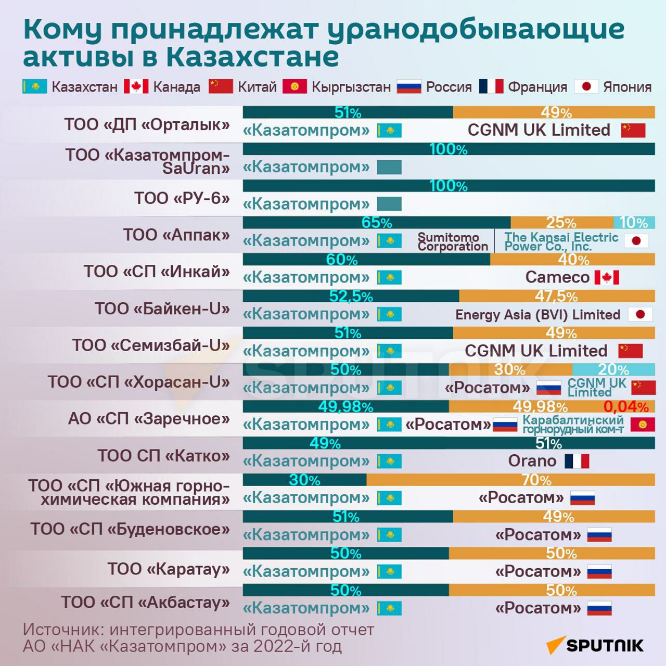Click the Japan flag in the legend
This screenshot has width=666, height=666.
click(x=586, y=86)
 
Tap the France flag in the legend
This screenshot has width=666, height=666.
click(x=491, y=86)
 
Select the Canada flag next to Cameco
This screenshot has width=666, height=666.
click(x=606, y=277)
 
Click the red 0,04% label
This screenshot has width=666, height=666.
click(x=626, y=406)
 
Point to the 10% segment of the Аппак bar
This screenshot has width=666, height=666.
click(x=634, y=223)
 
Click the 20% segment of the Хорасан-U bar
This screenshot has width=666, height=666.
click(x=613, y=369)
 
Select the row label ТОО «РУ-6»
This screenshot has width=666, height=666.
click(x=182, y=198)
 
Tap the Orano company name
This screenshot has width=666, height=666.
click(x=532, y=461)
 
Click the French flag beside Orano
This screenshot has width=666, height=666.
click(x=577, y=461)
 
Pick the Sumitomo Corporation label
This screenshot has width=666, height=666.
click(x=453, y=242)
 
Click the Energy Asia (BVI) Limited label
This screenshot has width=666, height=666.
click(x=537, y=315)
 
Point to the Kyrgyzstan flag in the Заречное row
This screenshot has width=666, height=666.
click(x=643, y=425)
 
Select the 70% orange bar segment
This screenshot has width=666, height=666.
click(x=510, y=479)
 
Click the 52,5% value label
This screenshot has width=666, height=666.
click(x=351, y=296)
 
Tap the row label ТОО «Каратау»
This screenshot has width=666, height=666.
click(x=169, y=569)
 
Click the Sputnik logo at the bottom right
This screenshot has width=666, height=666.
click(x=595, y=646)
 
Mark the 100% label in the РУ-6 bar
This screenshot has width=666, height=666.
click(x=449, y=186)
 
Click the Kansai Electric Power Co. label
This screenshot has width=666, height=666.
click(x=561, y=242)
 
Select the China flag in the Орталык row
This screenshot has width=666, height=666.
click(x=633, y=130)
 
